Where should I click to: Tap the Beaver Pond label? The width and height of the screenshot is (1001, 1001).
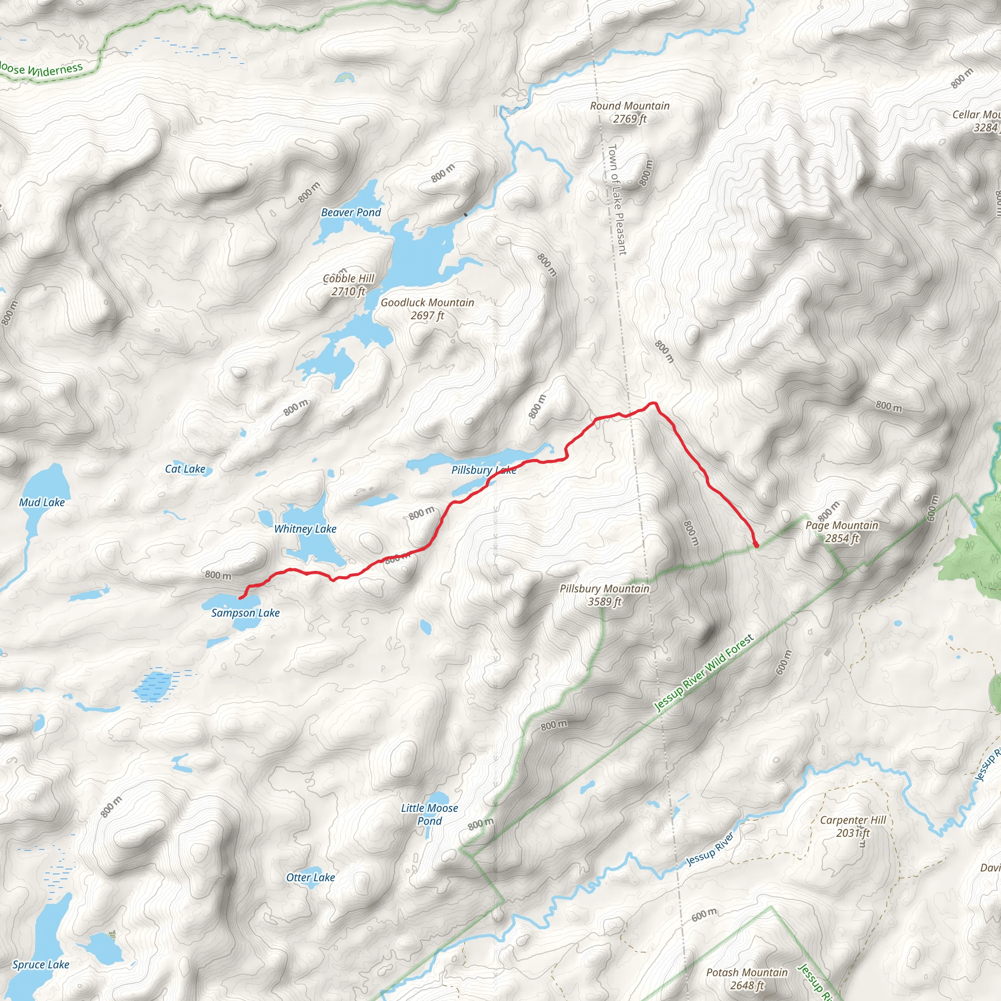(351, 213)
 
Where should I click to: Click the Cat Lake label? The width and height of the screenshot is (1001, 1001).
(185, 469)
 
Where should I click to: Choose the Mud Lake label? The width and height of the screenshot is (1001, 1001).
(42, 502)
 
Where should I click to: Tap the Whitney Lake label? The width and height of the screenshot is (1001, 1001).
(305, 529)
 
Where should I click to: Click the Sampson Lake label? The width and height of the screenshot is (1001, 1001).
(245, 613)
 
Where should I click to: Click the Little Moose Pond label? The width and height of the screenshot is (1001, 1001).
(430, 814)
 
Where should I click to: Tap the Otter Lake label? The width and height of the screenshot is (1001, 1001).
(310, 877)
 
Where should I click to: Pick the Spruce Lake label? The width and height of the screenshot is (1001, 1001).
(41, 964)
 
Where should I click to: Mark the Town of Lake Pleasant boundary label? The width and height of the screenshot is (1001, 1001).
(616, 199)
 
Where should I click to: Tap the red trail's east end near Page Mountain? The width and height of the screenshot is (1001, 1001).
(757, 545)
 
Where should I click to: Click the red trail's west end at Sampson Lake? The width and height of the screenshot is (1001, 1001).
(240, 598)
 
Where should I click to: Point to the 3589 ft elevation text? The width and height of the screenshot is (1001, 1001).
(604, 602)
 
